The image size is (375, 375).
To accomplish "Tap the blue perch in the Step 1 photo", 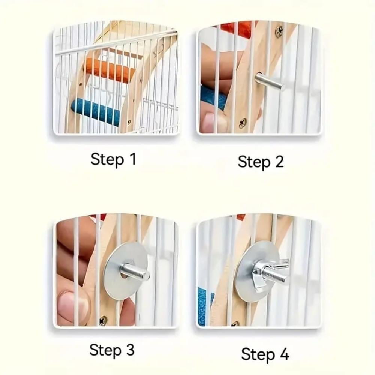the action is point(96,111).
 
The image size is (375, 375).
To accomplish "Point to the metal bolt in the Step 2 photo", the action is point(270,81).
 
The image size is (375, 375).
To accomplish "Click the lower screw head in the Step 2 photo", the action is point(242,123).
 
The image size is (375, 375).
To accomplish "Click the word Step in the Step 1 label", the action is point(107,159).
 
